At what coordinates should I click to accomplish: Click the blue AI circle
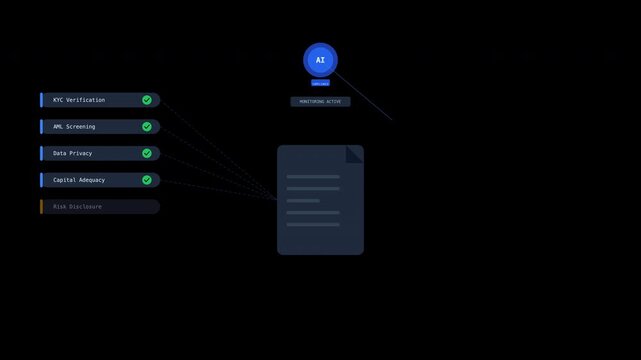pyautogui.click(x=320, y=60)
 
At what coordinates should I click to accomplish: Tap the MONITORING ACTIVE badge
pyautogui.click(x=320, y=102)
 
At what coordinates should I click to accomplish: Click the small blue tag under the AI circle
pyautogui.click(x=320, y=83)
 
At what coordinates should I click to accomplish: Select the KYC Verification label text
pyautogui.click(x=79, y=100)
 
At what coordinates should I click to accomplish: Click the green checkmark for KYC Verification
pyautogui.click(x=147, y=100)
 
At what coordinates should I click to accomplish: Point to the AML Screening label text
pyautogui.click(x=74, y=127)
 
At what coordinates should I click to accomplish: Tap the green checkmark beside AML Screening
pyautogui.click(x=147, y=127)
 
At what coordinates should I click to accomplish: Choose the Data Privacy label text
pyautogui.click(x=73, y=153)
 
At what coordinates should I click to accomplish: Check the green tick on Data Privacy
pyautogui.click(x=147, y=153)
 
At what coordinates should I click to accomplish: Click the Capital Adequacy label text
pyautogui.click(x=79, y=180)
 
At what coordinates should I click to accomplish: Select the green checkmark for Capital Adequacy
pyautogui.click(x=147, y=180)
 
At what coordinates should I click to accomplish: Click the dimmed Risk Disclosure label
pyautogui.click(x=78, y=207)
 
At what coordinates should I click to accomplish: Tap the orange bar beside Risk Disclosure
pyautogui.click(x=41, y=207)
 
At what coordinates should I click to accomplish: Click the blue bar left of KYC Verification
pyautogui.click(x=41, y=100)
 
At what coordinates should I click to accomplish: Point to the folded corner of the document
pyautogui.click(x=355, y=153)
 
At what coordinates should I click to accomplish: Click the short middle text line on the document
pyautogui.click(x=303, y=200)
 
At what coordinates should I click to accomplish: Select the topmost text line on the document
pyautogui.click(x=313, y=177)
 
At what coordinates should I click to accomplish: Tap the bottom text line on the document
pyautogui.click(x=313, y=224)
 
